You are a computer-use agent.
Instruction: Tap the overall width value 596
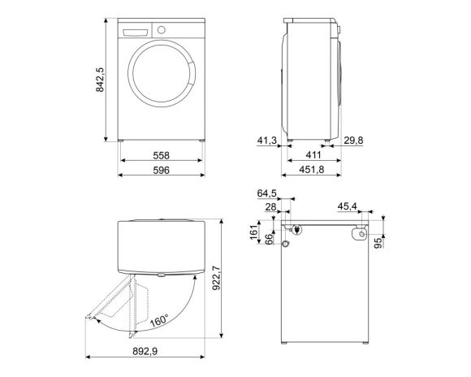pos(161,171)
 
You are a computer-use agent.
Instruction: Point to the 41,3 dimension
pos(267,141)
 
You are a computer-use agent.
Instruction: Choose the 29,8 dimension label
pos(352,141)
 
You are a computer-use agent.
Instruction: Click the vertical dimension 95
pos(379,245)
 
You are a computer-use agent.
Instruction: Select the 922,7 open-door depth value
pos(236,279)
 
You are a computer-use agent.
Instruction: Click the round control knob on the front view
pos(162,30)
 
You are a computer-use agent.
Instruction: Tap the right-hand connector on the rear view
pos(358,234)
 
